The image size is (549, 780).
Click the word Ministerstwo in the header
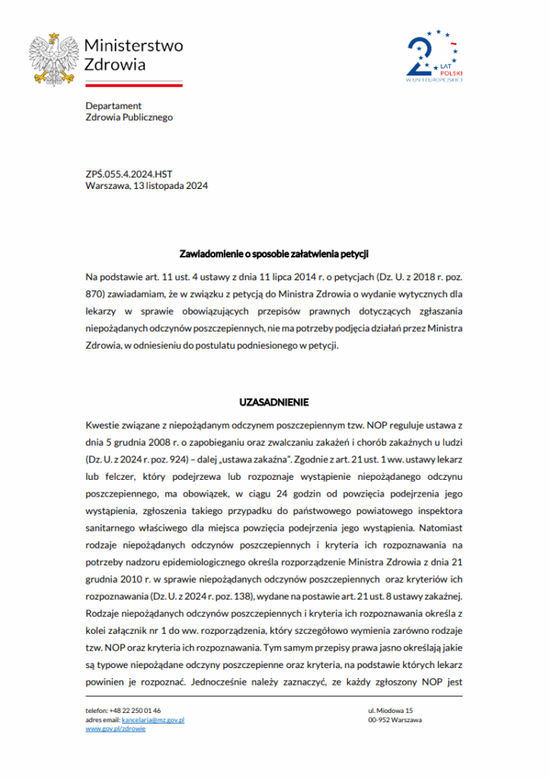133,46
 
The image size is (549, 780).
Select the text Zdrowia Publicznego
129,117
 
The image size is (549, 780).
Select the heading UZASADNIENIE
274,402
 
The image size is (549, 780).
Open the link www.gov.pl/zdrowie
115,728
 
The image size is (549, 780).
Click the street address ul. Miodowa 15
390,710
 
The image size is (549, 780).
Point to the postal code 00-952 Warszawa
394,719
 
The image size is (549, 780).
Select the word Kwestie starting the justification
104,423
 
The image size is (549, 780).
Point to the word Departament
113,106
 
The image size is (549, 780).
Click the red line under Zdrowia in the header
133,85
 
